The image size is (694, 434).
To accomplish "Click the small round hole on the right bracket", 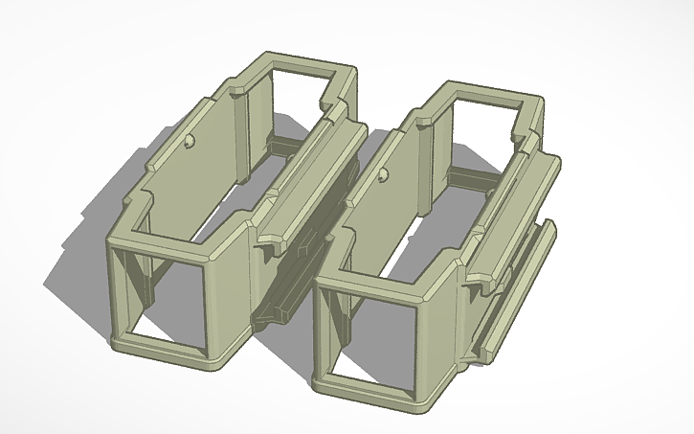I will [383, 175].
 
